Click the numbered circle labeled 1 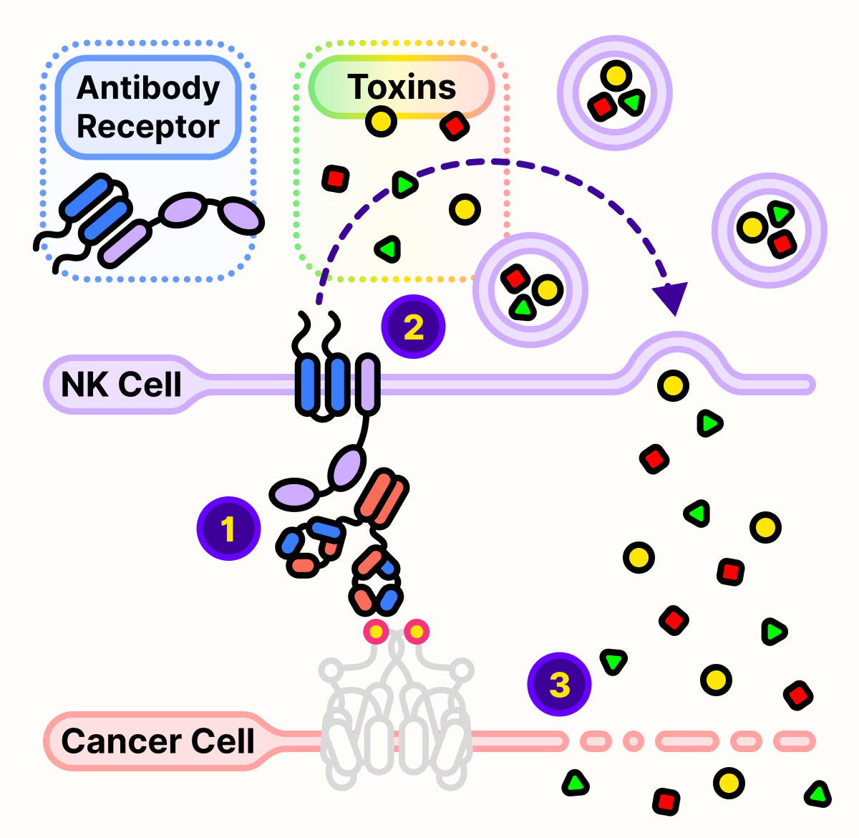(x=228, y=529)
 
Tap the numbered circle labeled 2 (x=414, y=327)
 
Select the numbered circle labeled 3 (x=559, y=684)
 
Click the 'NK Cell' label (x=121, y=385)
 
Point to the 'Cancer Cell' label (x=157, y=741)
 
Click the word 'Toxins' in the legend (x=402, y=87)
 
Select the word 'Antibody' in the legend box (x=148, y=88)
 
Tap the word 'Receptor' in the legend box (x=148, y=127)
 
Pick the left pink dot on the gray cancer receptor (x=376, y=632)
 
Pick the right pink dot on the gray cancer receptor (x=416, y=632)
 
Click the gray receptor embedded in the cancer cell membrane (x=395, y=723)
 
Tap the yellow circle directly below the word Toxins (x=381, y=122)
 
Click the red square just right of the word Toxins (x=455, y=126)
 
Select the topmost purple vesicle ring (x=615, y=92)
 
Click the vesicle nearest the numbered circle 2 (x=530, y=290)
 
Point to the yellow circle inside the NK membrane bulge (x=673, y=385)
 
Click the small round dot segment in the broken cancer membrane (x=633, y=741)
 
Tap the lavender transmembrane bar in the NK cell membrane (x=368, y=385)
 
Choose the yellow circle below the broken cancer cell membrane (x=729, y=783)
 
